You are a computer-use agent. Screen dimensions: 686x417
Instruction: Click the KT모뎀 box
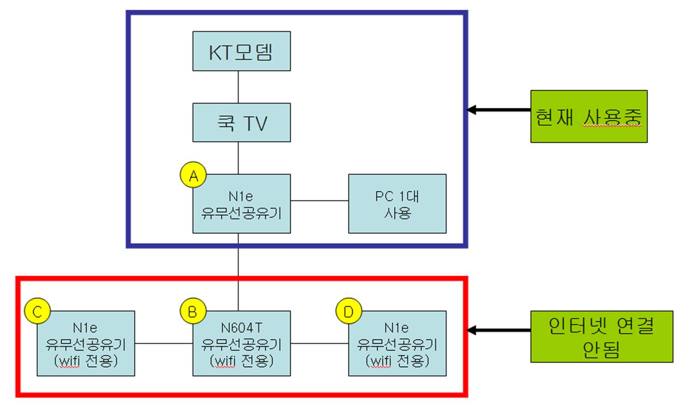[x=241, y=51]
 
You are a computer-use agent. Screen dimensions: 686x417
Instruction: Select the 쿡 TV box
[x=241, y=122]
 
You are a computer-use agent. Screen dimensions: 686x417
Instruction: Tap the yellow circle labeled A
[x=193, y=175]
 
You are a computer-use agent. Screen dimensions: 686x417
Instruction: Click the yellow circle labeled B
[x=193, y=311]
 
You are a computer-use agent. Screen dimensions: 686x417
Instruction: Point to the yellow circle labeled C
[x=38, y=311]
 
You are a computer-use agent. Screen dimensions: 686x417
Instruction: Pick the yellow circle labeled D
[x=349, y=311]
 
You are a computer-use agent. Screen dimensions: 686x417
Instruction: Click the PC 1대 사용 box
[x=397, y=204]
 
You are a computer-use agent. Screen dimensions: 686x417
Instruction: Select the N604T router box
[x=241, y=343]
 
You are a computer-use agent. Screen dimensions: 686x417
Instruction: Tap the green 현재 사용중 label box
[x=589, y=116]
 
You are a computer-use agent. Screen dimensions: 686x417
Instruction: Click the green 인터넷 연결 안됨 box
[x=602, y=337]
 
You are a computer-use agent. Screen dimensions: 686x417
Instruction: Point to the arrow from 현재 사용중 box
[x=498, y=110]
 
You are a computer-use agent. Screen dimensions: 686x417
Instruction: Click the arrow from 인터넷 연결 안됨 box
[x=498, y=330]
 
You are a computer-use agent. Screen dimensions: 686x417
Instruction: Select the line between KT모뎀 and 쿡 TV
[x=239, y=87]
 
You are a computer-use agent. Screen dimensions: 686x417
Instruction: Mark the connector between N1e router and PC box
[x=319, y=201]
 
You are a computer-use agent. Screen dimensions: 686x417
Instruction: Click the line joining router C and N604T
[x=164, y=343]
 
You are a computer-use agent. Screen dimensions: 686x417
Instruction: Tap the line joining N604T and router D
[x=319, y=343]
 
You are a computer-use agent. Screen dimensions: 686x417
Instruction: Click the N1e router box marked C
[x=86, y=343]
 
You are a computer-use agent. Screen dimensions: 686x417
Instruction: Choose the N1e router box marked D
[x=397, y=343]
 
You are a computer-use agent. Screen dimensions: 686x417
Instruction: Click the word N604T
[x=241, y=328]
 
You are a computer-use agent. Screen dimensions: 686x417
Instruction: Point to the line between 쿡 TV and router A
[x=239, y=158]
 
